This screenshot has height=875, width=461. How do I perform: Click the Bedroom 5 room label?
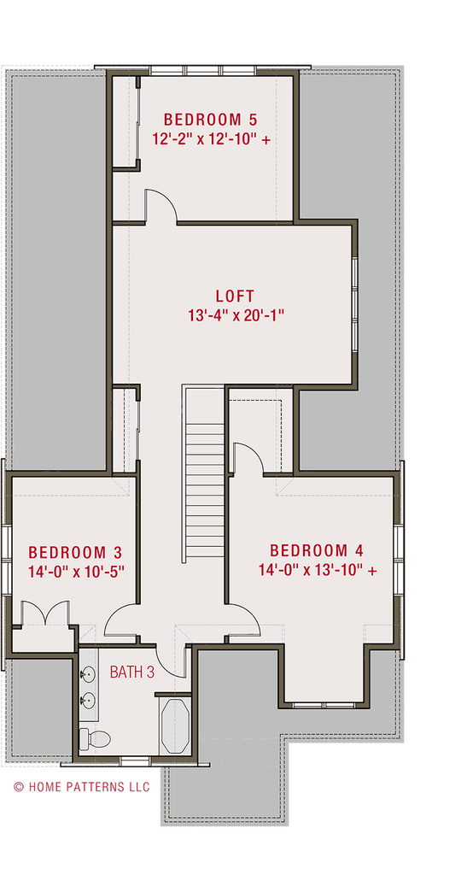209,119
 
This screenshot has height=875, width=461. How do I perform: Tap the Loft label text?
234,297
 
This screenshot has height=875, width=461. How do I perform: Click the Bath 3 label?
132,672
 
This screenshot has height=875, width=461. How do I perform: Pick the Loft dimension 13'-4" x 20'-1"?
235,315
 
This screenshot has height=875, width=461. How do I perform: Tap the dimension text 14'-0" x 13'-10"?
318,570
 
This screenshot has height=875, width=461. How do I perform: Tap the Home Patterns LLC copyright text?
81,786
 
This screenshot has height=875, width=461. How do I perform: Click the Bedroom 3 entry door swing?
120,619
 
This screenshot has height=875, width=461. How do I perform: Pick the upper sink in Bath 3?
88,674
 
